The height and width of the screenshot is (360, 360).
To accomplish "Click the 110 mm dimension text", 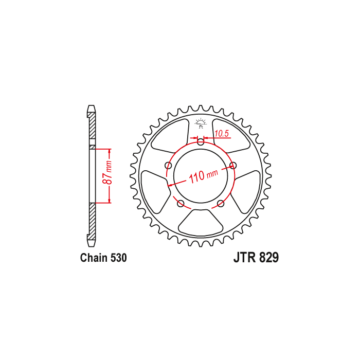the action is coord(204,176).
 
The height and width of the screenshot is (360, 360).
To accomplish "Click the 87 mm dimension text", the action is coord(107,172).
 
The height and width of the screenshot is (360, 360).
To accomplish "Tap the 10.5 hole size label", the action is coord(222,133).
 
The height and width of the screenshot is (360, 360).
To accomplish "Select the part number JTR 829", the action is coord(256,258).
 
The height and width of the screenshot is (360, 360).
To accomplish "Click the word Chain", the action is coord(94,258).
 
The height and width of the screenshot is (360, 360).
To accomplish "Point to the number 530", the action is coord(118,258).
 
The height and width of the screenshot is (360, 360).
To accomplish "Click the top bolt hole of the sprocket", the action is coord(201,141).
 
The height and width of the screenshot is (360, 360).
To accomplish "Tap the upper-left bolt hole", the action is coord(169,165).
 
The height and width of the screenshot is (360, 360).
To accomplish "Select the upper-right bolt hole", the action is coord(233,165).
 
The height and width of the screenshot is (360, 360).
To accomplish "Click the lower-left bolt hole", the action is coord(181,203).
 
